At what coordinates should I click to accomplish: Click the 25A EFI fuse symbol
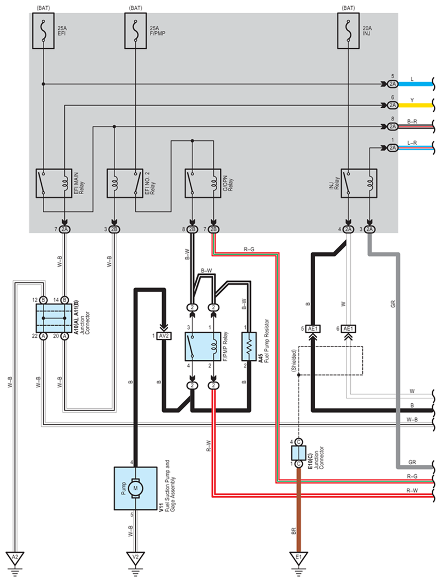click(43, 31)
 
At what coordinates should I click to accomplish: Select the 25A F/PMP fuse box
click(135, 31)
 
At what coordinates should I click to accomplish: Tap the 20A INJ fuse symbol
click(348, 31)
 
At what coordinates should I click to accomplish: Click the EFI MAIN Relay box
click(54, 183)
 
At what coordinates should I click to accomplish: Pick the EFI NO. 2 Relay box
click(125, 183)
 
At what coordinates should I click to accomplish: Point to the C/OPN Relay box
click(203, 183)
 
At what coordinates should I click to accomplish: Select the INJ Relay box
click(359, 183)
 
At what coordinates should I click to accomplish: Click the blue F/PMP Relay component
click(203, 347)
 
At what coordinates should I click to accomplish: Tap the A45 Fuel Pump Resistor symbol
click(249, 347)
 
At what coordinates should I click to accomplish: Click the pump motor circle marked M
click(135, 488)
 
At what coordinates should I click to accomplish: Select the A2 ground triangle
click(15, 558)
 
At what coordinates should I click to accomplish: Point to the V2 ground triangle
click(135, 558)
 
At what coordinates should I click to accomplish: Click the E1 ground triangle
click(299, 558)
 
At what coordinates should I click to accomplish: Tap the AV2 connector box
click(163, 336)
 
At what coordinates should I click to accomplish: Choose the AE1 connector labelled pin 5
click(313, 329)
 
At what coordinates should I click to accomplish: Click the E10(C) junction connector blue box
click(299, 453)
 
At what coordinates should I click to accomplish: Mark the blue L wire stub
click(415, 84)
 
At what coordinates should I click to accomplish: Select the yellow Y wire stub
click(415, 106)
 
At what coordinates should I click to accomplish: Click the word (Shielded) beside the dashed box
click(294, 360)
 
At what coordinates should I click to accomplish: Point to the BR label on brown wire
click(294, 531)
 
